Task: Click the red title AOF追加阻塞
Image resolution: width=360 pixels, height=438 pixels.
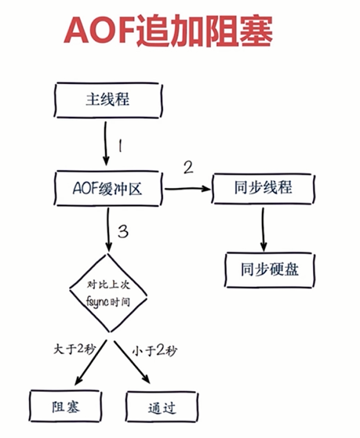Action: coord(169,31)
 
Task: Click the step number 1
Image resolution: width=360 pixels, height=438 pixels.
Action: coord(120,146)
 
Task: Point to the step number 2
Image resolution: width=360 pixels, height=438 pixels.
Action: coord(188,168)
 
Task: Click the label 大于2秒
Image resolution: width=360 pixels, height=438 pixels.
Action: coord(75,349)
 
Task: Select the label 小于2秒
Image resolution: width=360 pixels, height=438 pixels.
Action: coord(155,351)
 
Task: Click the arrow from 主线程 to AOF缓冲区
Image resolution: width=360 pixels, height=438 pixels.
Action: coord(106,143)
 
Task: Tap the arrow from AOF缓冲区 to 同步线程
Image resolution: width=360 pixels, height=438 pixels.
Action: coord(187,189)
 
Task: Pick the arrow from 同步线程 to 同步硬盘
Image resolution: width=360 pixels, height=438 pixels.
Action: coord(263,229)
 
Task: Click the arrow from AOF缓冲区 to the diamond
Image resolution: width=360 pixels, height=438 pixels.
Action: coord(108,230)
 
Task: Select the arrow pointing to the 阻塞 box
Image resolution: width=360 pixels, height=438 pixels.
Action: coord(91,362)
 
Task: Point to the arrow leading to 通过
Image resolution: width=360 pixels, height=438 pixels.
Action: coord(132,362)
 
